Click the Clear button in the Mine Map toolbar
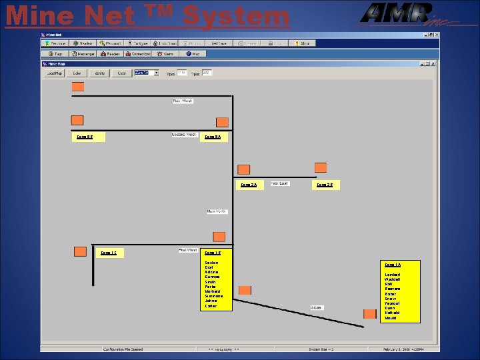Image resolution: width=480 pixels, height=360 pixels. coord(122,73)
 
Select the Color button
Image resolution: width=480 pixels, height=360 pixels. coord(77,73)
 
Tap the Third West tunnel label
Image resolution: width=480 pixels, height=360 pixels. coord(182,101)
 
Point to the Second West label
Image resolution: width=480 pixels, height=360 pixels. coord(184,135)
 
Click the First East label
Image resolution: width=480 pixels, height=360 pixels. coord(279,183)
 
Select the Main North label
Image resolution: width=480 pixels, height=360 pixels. coord(217,211)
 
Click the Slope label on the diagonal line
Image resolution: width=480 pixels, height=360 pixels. coord(317,307)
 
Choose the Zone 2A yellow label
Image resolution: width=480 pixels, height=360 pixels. coord(249,185)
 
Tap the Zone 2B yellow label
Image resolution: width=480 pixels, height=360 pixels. coord(325,185)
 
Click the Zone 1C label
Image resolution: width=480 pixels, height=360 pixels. coord(108,253)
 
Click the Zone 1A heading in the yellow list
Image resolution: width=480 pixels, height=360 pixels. coord(393,265)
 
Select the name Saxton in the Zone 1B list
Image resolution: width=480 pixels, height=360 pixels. coord(211,263)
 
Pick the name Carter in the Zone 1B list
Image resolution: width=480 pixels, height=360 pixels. coord(211,306)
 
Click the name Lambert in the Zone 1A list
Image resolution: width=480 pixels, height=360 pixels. coord(393,275)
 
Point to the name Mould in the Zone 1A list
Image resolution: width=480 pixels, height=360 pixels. coord(391,318)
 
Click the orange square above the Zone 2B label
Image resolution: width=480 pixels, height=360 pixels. coord(321,167)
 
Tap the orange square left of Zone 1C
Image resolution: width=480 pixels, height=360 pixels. coord(80,251)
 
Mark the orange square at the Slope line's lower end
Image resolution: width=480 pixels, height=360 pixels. coord(369,313)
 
